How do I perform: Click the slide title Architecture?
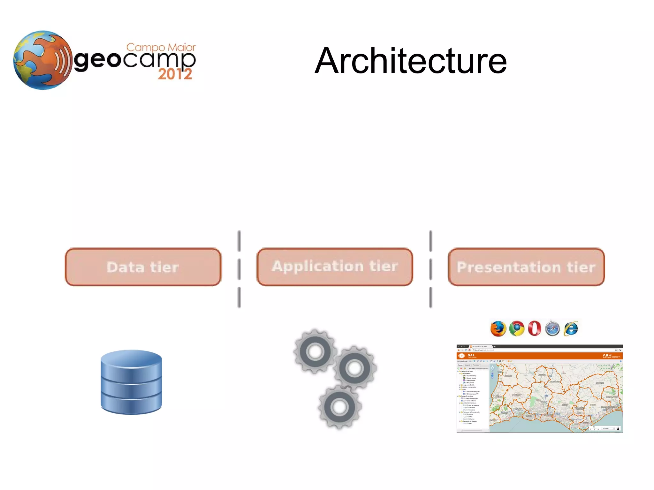pos(411,61)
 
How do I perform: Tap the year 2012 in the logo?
pos(175,74)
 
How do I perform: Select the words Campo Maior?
pos(161,48)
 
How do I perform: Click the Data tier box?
pos(143,267)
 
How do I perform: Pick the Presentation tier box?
pos(526,267)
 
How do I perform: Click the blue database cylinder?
pos(131,382)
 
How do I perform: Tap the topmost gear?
pos(315,351)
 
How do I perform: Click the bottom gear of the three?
pos(339,407)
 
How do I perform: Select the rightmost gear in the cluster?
pos(354,368)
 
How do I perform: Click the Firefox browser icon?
pos(498,329)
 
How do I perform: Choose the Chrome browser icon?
pos(517,328)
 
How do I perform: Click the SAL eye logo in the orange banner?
pos(461,356)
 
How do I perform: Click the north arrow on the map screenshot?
pos(618,428)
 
